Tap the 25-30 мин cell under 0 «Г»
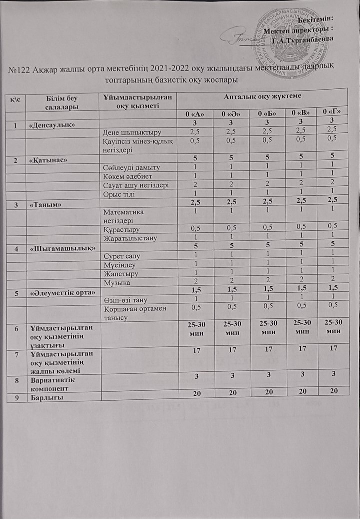pyautogui.click(x=332, y=329)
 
